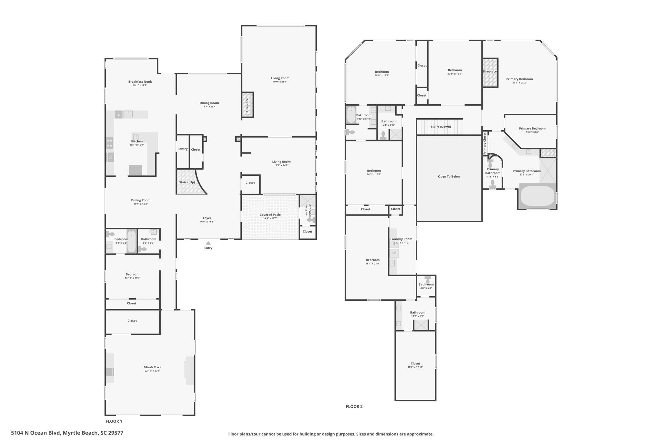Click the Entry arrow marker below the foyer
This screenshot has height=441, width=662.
[208, 243]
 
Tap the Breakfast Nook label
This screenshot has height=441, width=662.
[140, 82]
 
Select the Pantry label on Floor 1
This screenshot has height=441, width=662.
[182, 149]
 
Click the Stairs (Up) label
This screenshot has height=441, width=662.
[187, 182]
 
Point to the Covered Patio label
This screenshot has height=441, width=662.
[270, 215]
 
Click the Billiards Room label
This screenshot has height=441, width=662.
[152, 367]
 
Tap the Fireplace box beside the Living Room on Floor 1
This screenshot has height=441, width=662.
[248, 105]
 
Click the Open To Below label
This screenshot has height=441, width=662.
[449, 176]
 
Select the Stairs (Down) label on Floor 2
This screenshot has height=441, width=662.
[441, 127]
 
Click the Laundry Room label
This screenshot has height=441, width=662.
[401, 239]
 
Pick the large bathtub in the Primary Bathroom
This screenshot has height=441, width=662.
[538, 195]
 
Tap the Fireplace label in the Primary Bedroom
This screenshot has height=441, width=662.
[490, 72]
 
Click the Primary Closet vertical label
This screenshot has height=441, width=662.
[485, 143]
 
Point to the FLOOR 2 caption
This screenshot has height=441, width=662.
[354, 406]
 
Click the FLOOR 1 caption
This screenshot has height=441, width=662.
[114, 421]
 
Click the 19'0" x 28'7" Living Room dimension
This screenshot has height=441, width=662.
[280, 82]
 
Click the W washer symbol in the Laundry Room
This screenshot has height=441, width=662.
[394, 253]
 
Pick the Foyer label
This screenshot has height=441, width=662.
[207, 218]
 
